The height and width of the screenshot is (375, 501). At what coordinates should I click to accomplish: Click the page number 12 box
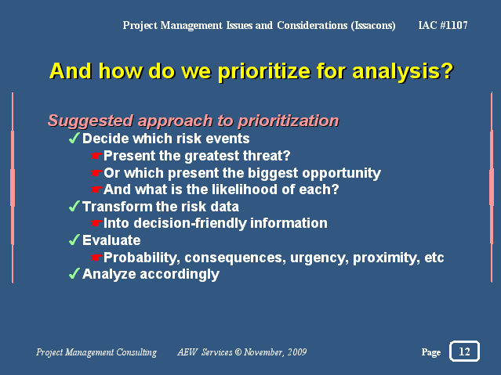pos(464,351)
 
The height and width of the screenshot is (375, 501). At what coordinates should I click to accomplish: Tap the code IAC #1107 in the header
pos(443,25)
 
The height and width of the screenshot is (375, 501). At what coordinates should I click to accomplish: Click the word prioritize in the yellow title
pos(264,71)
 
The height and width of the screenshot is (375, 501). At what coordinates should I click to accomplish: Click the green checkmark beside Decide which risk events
pos(74,139)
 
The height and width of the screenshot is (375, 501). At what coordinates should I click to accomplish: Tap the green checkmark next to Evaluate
pos(74,240)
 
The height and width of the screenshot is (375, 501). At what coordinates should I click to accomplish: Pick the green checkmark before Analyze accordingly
pos(74,273)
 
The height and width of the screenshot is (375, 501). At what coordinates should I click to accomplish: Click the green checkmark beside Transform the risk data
pos(74,206)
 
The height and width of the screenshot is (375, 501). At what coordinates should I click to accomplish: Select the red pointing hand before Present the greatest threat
pos(96,156)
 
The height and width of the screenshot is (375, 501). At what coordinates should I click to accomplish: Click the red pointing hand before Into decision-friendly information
pos(96,223)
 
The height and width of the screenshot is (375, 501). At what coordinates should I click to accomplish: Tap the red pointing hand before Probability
pos(96,258)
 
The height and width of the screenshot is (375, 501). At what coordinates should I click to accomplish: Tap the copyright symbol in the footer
pos(238,352)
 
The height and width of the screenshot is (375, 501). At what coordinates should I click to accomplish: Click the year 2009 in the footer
pos(297,352)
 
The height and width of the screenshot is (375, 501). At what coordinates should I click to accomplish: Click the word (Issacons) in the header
pos(373,26)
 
